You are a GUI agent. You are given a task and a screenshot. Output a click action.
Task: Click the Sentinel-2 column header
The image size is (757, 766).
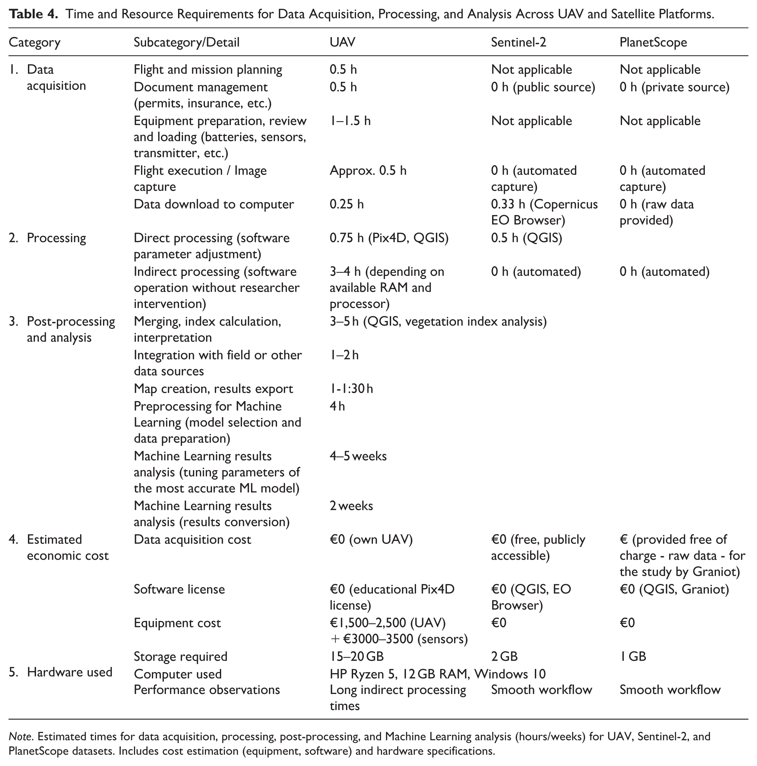pyautogui.click(x=518, y=42)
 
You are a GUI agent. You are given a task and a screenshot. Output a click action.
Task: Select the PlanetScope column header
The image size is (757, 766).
pyautogui.click(x=653, y=42)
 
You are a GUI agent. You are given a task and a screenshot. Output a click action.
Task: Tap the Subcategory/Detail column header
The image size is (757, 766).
pyautogui.click(x=186, y=42)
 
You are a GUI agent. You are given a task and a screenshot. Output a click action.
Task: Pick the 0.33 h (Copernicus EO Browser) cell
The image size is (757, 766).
pyautogui.click(x=544, y=212)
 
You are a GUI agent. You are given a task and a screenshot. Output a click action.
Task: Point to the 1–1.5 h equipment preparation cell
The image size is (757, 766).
pyautogui.click(x=350, y=120)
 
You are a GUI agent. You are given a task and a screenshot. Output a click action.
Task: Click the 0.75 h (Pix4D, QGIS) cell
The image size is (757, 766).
pyautogui.click(x=389, y=238)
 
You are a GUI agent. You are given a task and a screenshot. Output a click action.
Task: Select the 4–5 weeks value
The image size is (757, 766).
pyautogui.click(x=358, y=456)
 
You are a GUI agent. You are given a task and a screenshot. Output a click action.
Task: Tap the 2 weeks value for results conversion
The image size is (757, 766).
pyautogui.click(x=351, y=506)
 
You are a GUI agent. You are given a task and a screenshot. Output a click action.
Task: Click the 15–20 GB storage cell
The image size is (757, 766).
pyautogui.click(x=356, y=657)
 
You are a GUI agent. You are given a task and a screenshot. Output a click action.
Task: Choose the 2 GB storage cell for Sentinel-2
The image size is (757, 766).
pyautogui.click(x=504, y=657)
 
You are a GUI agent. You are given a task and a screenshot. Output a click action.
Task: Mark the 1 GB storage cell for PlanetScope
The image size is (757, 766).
pyautogui.click(x=633, y=657)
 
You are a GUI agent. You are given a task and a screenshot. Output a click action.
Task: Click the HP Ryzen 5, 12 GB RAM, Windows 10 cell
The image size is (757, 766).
pyautogui.click(x=437, y=674)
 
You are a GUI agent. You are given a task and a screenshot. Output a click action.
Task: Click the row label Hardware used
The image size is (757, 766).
pyautogui.click(x=69, y=672)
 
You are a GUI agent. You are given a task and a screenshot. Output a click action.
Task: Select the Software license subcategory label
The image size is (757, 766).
pyautogui.click(x=179, y=589)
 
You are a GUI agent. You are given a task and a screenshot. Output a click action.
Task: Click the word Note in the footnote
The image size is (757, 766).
pyautogui.click(x=20, y=737)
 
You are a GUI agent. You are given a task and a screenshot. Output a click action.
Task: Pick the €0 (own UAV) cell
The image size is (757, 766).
pyautogui.click(x=371, y=539)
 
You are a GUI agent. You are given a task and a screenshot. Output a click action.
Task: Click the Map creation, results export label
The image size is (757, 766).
pyautogui.click(x=213, y=388)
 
